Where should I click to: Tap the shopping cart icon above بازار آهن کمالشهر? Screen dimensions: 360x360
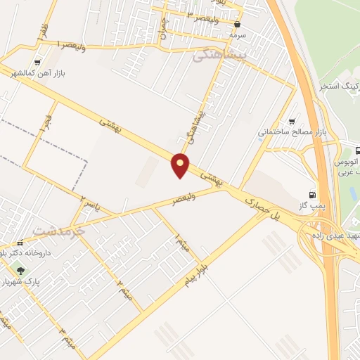point(37,62)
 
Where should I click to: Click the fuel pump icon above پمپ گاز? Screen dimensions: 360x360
point(312,195)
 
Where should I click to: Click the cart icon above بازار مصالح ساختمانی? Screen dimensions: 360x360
point(292,120)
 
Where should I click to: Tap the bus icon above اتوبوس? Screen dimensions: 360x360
point(356,150)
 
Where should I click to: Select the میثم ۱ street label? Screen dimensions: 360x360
point(180,245)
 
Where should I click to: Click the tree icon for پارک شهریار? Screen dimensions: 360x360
point(20,270)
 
